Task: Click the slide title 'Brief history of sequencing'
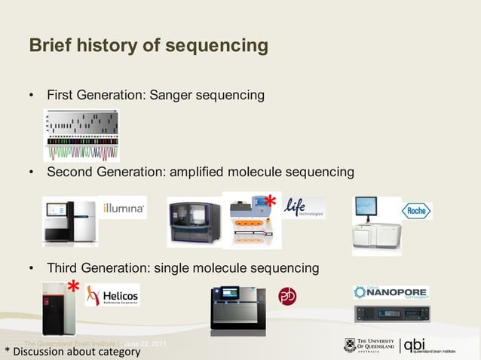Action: pos(148,46)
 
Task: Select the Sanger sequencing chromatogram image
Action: pos(81,136)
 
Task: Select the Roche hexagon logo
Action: pos(416,211)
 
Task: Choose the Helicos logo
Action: pos(112,295)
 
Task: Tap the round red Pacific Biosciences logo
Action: pos(287,296)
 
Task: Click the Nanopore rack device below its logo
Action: pos(391,313)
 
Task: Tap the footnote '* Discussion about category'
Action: pos(72,352)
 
